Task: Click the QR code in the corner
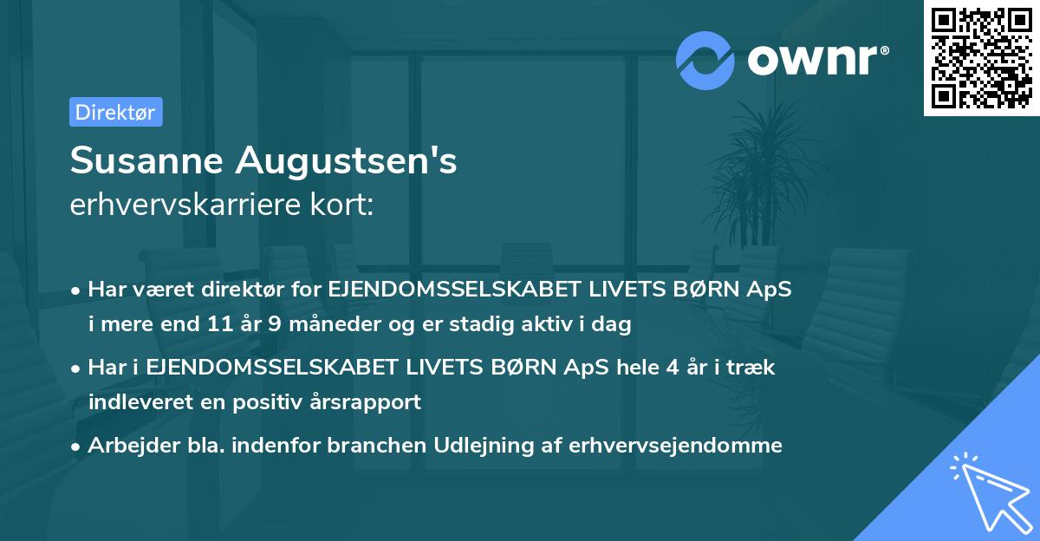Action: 981,57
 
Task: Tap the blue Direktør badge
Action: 115,112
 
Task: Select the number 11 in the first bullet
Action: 218,325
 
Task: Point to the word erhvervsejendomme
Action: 676,446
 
